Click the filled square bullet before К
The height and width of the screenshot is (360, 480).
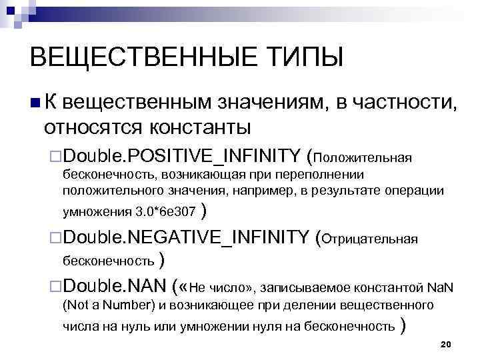point(34,102)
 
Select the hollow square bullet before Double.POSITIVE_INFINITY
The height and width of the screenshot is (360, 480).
point(56,157)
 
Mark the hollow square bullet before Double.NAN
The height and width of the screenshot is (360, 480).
point(56,288)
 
